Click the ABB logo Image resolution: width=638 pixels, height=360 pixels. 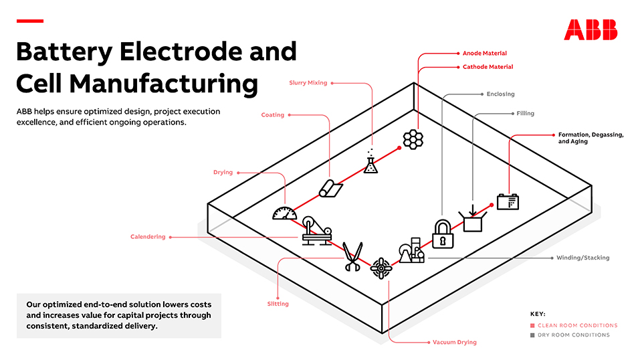click(591, 29)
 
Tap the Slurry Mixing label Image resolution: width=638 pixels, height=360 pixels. click(308, 83)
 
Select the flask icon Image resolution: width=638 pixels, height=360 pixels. click(370, 162)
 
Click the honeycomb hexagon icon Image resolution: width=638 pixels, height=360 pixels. click(413, 139)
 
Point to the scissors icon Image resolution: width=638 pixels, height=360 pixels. click(352, 256)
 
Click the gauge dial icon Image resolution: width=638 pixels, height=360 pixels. click(284, 213)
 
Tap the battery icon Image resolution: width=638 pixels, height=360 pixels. click(508, 201)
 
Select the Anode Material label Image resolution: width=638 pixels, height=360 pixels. click(485, 54)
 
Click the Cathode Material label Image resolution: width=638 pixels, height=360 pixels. click(488, 67)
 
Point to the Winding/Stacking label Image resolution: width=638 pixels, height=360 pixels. click(582, 258)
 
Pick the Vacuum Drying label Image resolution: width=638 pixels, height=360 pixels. click(455, 342)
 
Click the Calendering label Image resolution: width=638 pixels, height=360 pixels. click(148, 237)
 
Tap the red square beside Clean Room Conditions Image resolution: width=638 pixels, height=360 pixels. click(532, 325)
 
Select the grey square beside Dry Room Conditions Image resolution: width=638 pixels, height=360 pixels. click(532, 335)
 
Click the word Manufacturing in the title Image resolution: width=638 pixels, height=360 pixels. click(163, 83)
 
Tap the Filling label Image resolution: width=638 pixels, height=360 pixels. click(525, 114)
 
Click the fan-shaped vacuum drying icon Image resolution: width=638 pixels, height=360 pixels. click(381, 268)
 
